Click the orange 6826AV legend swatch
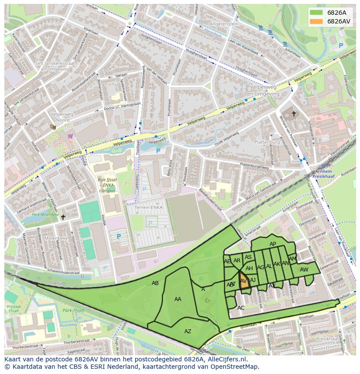coord(317,21)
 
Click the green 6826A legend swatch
coord(317,13)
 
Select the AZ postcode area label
coord(187,331)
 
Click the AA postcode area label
coord(177,299)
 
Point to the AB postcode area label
coord(155,283)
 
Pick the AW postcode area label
coord(304,270)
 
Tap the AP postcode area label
coord(273,244)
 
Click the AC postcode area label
coord(241,308)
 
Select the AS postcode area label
coord(248,257)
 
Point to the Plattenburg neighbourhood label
coord(267,142)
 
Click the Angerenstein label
coord(224,24)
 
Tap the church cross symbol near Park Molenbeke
coord(63,217)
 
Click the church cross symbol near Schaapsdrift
coord(293,114)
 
